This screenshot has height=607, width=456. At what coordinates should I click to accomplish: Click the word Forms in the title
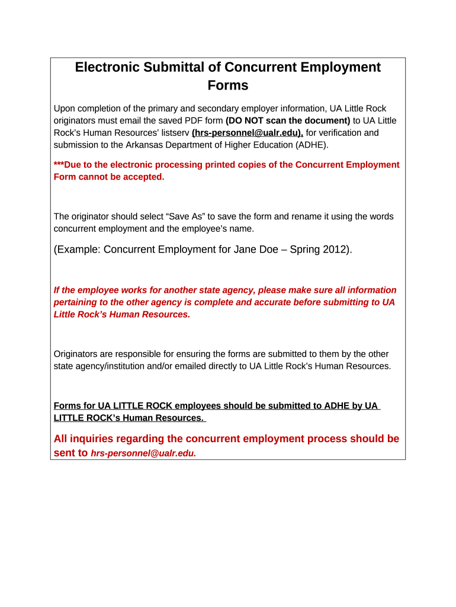pyautogui.click(x=228, y=85)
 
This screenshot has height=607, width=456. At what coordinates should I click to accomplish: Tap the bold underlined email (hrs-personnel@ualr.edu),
pyautogui.click(x=247, y=133)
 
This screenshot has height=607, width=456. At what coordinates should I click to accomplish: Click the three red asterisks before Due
pyautogui.click(x=59, y=165)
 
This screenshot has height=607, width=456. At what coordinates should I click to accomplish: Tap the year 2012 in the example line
pyautogui.click(x=336, y=250)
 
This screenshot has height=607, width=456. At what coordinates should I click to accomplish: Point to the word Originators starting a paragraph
pyautogui.click(x=77, y=354)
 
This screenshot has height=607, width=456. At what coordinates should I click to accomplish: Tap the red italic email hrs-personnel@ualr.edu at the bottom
pyautogui.click(x=143, y=453)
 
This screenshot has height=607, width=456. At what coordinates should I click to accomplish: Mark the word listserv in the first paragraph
pyautogui.click(x=172, y=133)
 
